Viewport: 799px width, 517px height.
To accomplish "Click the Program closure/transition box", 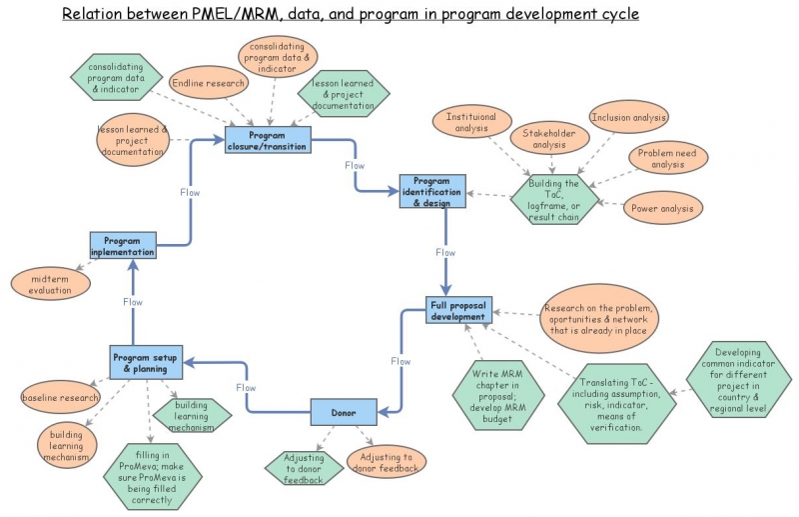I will (x=268, y=140).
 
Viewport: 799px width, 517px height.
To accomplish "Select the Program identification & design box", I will (x=431, y=191).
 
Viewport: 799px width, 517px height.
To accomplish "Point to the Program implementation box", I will (x=123, y=246).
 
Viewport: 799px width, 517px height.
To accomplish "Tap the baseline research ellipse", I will (x=60, y=398).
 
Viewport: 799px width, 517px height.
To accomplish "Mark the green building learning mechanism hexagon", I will (x=192, y=414).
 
